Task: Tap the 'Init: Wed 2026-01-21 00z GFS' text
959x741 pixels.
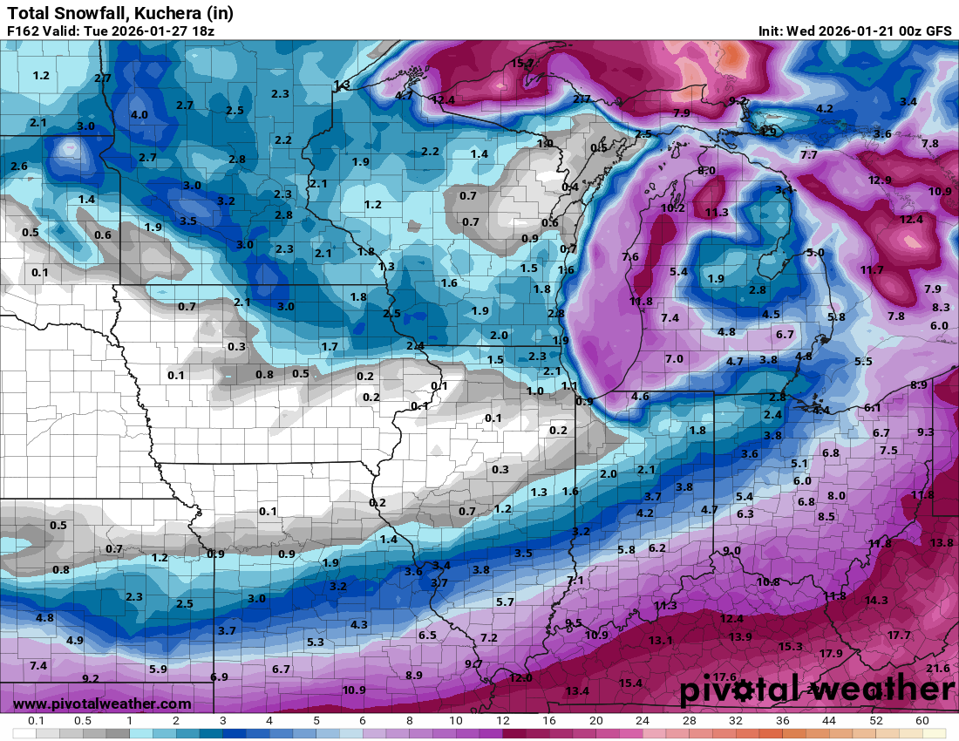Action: click(x=854, y=31)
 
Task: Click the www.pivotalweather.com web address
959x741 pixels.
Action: click(x=102, y=704)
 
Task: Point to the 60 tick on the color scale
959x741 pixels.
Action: click(x=922, y=721)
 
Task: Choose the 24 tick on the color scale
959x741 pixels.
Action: click(x=643, y=721)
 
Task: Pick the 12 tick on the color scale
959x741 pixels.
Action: click(x=503, y=721)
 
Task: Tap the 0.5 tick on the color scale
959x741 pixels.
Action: click(x=83, y=721)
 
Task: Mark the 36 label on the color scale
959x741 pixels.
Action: click(x=782, y=721)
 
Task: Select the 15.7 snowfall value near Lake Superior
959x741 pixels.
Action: click(x=523, y=64)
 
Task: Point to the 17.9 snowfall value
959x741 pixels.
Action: click(x=831, y=654)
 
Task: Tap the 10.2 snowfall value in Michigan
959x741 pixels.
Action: click(x=672, y=208)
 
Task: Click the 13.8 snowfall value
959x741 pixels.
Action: click(x=942, y=543)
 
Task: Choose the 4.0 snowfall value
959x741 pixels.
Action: click(x=139, y=115)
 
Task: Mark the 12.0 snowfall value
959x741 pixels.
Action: click(x=520, y=677)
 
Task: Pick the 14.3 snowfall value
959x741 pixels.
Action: click(x=876, y=601)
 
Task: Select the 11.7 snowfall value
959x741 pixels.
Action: click(x=872, y=270)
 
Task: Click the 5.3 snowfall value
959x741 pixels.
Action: click(x=316, y=642)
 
